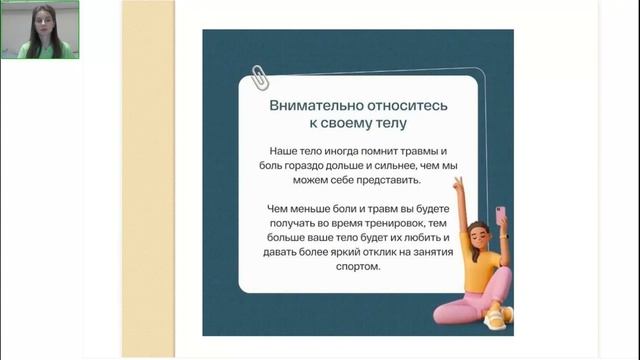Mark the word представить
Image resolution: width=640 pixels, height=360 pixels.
click(394, 182)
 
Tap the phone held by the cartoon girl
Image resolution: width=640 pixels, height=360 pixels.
click(501, 215)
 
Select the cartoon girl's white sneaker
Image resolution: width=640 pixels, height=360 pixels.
click(497, 317)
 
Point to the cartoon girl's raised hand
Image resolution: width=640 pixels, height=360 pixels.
click(459, 186)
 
